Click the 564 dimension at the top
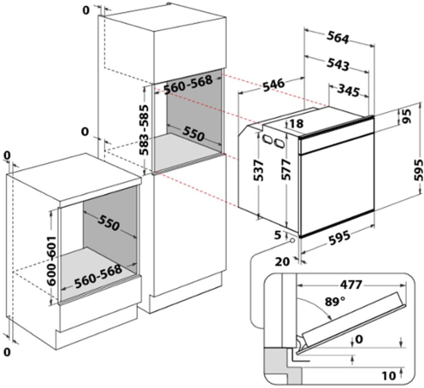click(x=338, y=38)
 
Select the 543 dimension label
click(x=338, y=65)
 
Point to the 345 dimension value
click(x=348, y=91)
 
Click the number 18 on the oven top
click(x=296, y=123)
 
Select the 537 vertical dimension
click(x=259, y=171)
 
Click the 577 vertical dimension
click(x=286, y=170)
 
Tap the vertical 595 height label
click(x=418, y=170)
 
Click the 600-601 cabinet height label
click(x=52, y=261)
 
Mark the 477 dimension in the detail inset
click(x=351, y=285)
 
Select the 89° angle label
click(x=335, y=302)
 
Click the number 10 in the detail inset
click(x=389, y=375)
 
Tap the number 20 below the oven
click(x=283, y=261)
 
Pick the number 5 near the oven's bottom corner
click(x=277, y=235)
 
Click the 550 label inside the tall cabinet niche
click(x=193, y=134)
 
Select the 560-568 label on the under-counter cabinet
click(x=98, y=277)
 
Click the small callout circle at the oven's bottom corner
click(x=292, y=240)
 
